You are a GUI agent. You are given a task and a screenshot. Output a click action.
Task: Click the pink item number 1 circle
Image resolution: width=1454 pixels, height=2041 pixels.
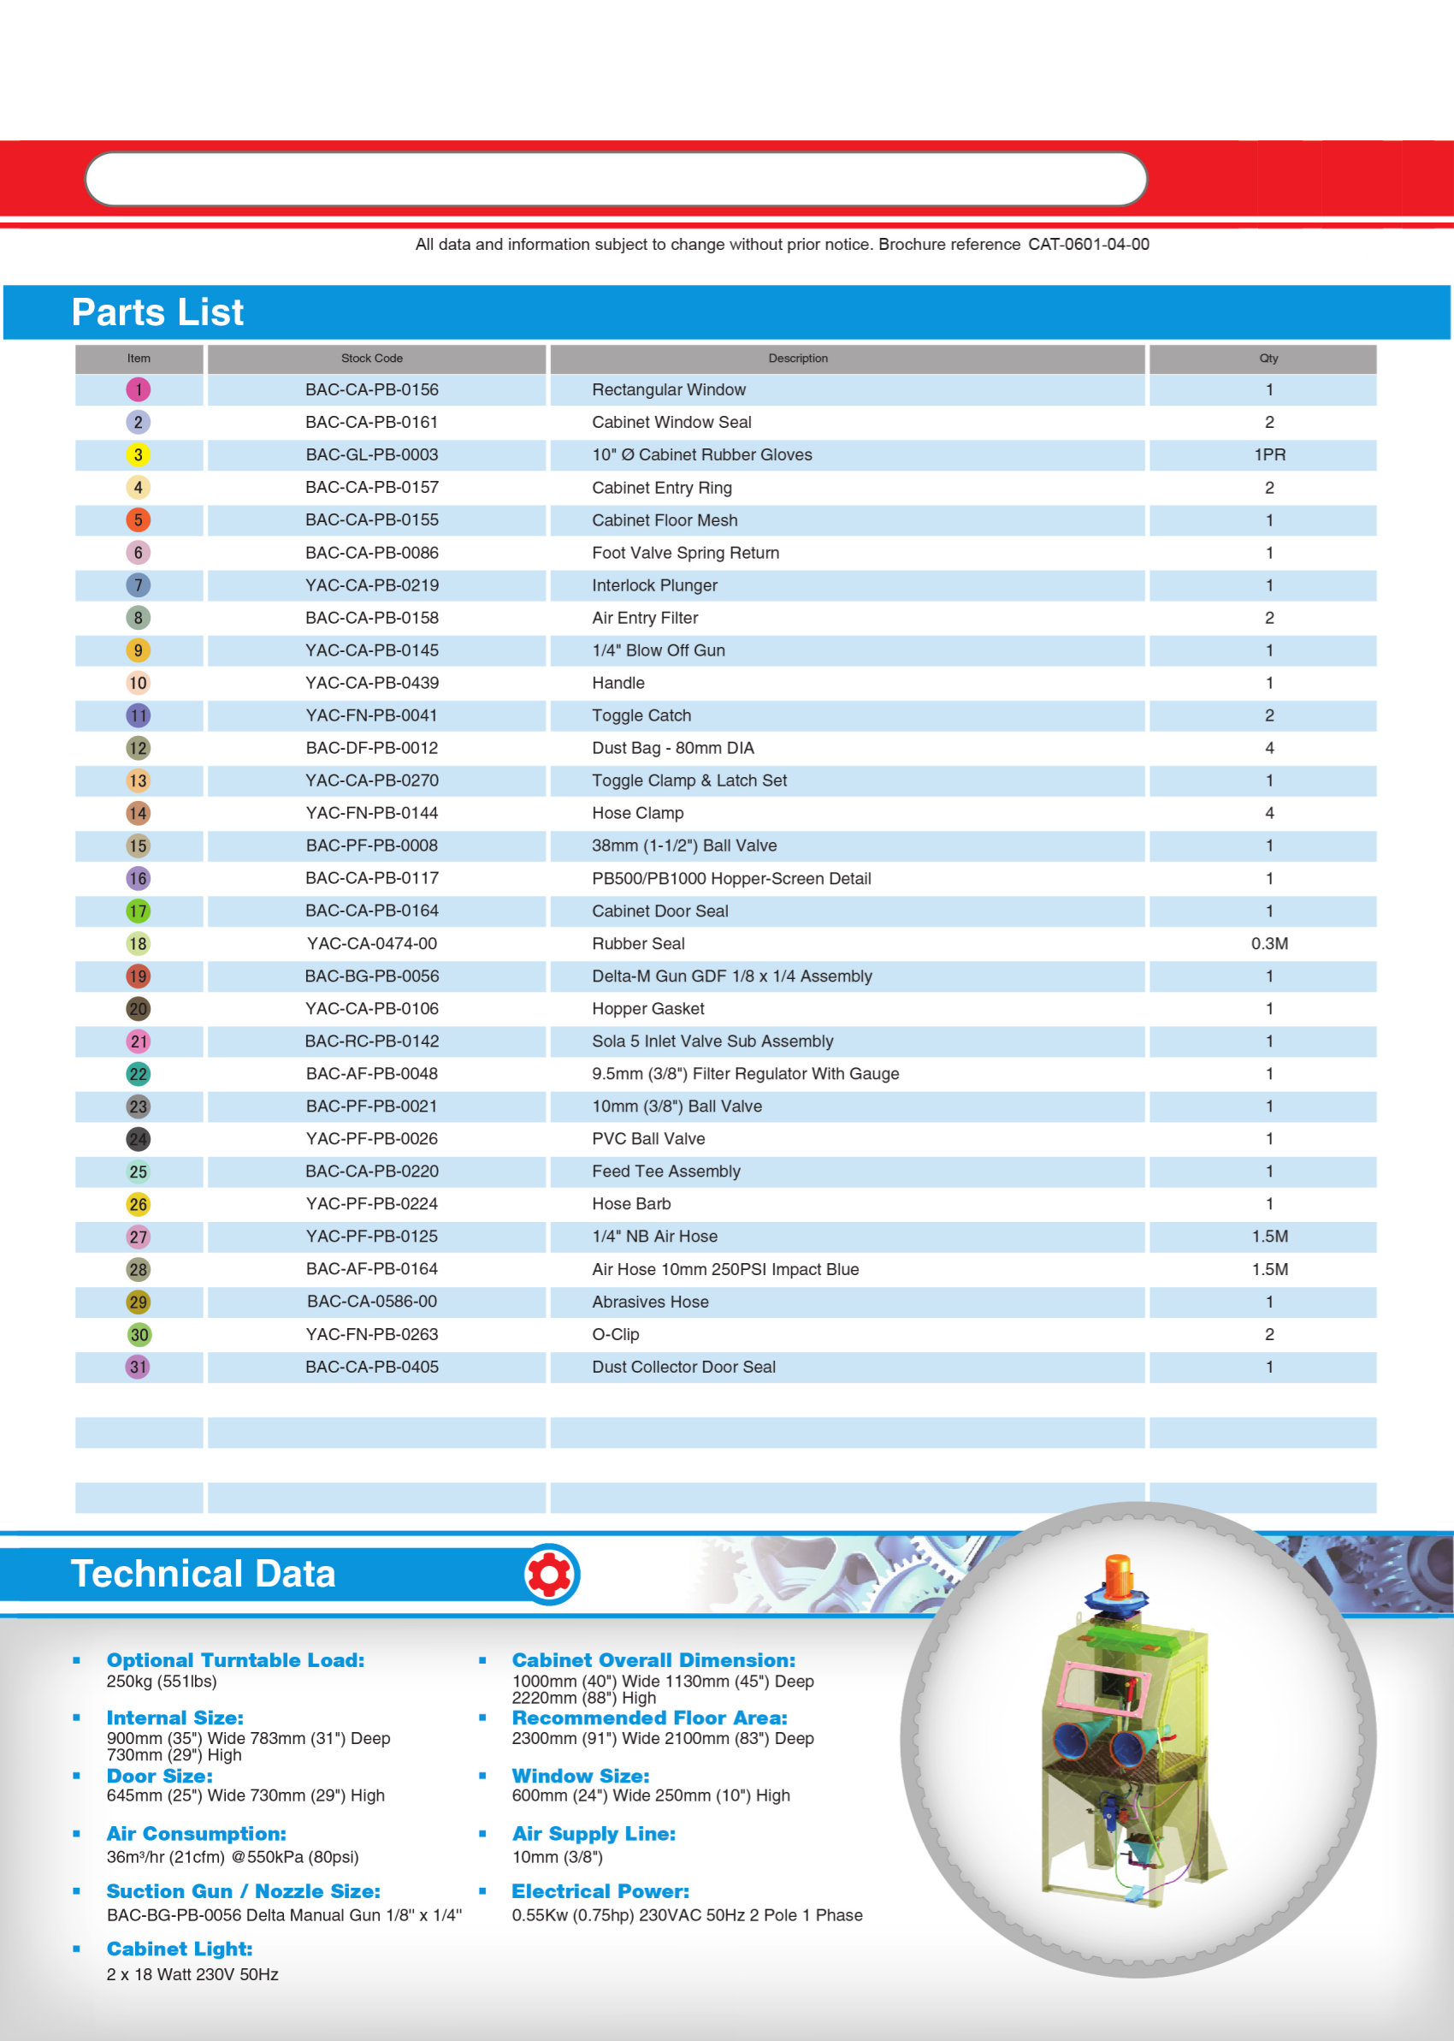click(x=138, y=389)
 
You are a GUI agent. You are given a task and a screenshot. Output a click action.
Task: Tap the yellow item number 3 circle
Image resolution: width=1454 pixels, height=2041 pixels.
click(x=138, y=455)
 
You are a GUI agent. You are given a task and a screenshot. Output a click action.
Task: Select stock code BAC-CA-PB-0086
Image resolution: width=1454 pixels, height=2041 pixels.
click(x=371, y=553)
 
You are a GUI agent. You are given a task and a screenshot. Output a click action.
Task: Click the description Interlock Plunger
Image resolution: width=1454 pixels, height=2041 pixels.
click(x=654, y=585)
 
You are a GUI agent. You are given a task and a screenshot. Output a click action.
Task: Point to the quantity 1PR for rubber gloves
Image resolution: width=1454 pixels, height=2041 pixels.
click(x=1268, y=455)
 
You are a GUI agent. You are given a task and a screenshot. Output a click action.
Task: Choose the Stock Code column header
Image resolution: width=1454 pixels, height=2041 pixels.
click(x=371, y=359)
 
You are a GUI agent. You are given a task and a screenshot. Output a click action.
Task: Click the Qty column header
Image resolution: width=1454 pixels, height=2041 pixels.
click(x=1268, y=359)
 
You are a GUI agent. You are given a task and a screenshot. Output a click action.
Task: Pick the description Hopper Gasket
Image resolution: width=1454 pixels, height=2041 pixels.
click(x=648, y=1008)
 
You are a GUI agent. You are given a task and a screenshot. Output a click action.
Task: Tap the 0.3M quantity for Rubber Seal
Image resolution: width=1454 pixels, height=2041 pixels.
click(x=1268, y=944)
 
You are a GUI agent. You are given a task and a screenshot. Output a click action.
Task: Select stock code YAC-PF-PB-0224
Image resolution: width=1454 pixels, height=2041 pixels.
click(x=371, y=1204)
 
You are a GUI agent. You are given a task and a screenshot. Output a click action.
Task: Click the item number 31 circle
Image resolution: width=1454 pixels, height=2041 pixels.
click(x=138, y=1367)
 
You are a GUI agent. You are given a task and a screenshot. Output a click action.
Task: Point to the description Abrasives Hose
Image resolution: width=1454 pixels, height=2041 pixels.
click(x=650, y=1302)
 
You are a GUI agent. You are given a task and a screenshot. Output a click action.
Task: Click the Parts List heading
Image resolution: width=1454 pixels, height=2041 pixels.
click(x=157, y=312)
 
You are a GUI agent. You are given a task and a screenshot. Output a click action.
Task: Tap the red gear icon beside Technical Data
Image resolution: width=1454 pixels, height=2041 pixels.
click(x=550, y=1575)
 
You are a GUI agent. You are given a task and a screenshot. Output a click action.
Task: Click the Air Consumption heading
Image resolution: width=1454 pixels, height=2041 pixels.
click(x=196, y=1833)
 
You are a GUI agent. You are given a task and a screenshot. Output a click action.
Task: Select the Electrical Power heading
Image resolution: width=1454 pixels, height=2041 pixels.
click(x=600, y=1891)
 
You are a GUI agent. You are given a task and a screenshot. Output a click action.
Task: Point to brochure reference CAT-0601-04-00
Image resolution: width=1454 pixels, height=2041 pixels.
click(x=1088, y=245)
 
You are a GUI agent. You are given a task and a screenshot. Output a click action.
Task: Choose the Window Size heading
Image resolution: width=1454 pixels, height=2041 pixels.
click(x=580, y=1776)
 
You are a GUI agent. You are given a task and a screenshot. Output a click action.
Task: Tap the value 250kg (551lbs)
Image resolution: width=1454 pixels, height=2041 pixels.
click(x=161, y=1681)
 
